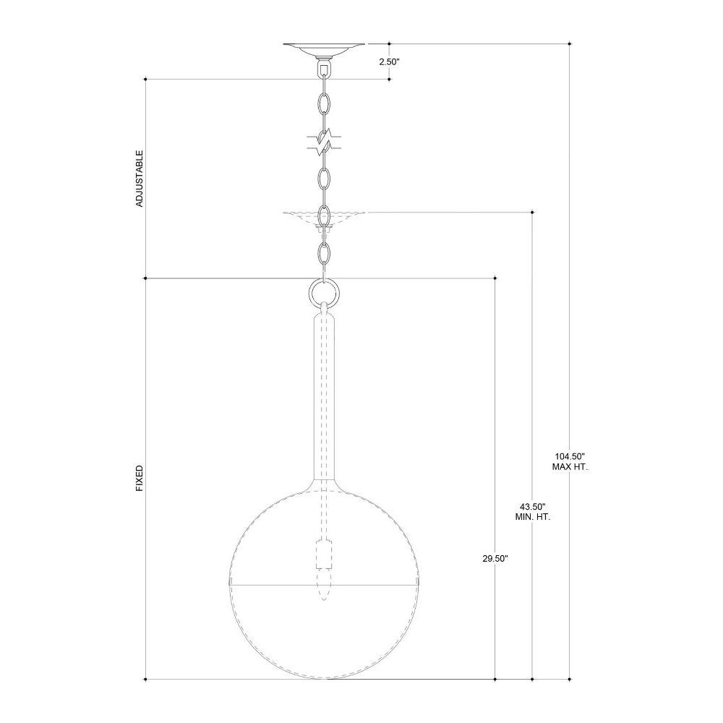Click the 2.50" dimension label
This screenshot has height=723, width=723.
click(x=389, y=61)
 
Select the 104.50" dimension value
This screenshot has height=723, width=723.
click(x=570, y=456)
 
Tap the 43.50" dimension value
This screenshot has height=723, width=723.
click(x=533, y=506)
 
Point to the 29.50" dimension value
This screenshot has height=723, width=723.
click(x=495, y=559)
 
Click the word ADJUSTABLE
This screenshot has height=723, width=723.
click(x=140, y=179)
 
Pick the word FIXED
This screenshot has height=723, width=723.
click(x=140, y=478)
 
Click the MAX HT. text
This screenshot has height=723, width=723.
click(x=570, y=467)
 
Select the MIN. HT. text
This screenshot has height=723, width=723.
click(x=533, y=517)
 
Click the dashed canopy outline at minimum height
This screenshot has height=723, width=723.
click(x=324, y=218)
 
